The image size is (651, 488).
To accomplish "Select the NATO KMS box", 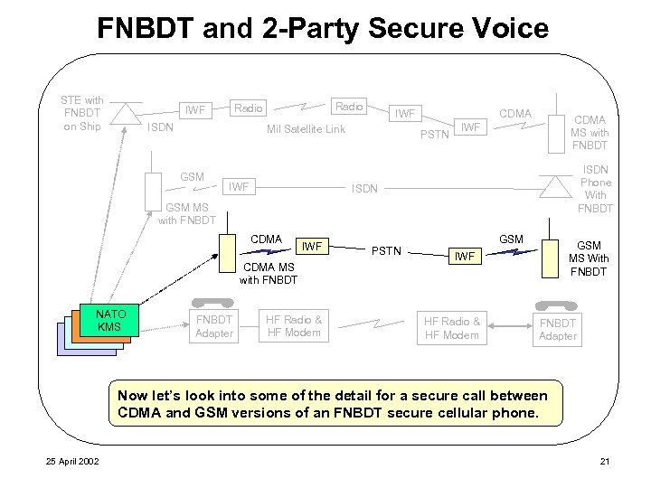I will click(x=108, y=321).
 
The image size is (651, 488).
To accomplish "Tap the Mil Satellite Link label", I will click(x=306, y=129).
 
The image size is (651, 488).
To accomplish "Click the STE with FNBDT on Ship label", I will click(x=82, y=113).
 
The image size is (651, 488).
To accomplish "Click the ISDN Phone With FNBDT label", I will click(x=595, y=189).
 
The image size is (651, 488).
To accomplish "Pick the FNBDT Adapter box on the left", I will click(x=214, y=326).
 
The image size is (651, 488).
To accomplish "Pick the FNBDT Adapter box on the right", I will click(x=557, y=329).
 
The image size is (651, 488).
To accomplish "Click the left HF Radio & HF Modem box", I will click(x=293, y=326).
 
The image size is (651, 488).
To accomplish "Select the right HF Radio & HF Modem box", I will click(x=452, y=327).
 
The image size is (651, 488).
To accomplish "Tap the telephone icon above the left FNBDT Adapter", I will click(x=214, y=301).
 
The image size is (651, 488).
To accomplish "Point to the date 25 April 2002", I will click(x=73, y=463).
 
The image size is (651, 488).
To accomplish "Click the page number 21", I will click(x=605, y=463).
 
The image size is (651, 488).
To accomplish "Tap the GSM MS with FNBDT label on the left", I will click(x=187, y=213).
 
